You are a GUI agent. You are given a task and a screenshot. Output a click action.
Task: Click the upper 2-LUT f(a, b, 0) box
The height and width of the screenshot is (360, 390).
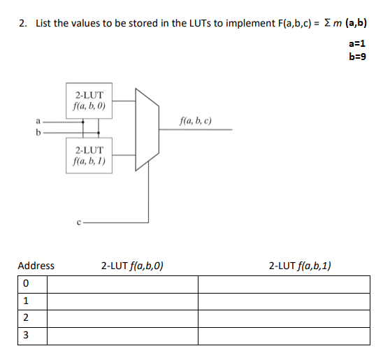pyautogui.click(x=89, y=101)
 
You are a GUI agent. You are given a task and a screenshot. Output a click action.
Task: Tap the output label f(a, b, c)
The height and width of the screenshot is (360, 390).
pyautogui.click(x=196, y=121)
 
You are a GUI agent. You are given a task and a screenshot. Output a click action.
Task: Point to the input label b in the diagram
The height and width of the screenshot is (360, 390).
pyautogui.click(x=38, y=131)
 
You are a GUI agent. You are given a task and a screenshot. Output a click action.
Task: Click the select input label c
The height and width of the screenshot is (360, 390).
pyautogui.click(x=80, y=223)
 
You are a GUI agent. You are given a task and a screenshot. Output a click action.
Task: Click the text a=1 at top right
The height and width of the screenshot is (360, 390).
pyautogui.click(x=356, y=43)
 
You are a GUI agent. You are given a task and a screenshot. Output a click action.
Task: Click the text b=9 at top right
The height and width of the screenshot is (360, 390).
pyautogui.click(x=356, y=56)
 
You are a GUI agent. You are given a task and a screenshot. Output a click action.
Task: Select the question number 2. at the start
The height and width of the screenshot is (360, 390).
pyautogui.click(x=23, y=24)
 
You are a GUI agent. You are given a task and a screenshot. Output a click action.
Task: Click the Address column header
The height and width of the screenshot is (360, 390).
pyautogui.click(x=36, y=266)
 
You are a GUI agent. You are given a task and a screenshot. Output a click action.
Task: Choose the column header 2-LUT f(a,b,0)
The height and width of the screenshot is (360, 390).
pyautogui.click(x=132, y=266)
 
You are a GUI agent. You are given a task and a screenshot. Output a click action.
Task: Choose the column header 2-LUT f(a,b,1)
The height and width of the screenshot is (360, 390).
pyautogui.click(x=300, y=266)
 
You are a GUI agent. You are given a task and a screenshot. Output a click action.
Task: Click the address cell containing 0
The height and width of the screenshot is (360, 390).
pyautogui.click(x=25, y=285)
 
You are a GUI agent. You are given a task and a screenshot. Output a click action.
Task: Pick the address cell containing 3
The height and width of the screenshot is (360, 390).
pyautogui.click(x=25, y=336)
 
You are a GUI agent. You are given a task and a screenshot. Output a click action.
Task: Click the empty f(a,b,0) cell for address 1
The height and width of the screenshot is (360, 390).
pyautogui.click(x=122, y=302)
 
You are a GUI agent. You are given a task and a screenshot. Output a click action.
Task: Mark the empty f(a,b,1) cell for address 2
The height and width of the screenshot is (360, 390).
pyautogui.click(x=284, y=319)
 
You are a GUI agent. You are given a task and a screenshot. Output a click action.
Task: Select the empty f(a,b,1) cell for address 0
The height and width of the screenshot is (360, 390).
pyautogui.click(x=284, y=285)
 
